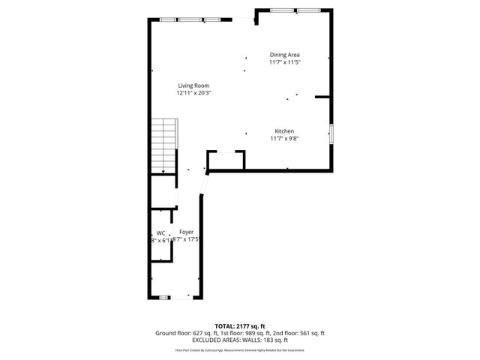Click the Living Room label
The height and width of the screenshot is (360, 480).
click(193, 85)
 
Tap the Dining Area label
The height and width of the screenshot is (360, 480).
click(285, 55)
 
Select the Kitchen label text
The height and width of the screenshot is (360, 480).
click(284, 130)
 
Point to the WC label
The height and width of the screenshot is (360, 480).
click(160, 233)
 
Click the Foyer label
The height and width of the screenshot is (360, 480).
click(186, 232)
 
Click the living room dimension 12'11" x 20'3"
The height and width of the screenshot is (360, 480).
click(193, 94)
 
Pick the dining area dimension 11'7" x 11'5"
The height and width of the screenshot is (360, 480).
click(285, 62)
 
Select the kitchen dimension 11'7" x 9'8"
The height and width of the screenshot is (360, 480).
click(285, 138)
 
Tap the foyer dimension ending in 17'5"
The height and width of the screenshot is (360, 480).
click(187, 240)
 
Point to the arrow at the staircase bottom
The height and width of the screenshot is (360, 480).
click(163, 170)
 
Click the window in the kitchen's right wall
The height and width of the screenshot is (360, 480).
click(331, 134)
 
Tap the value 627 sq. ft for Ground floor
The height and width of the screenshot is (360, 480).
click(202, 333)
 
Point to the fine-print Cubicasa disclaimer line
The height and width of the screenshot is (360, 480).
click(239, 349)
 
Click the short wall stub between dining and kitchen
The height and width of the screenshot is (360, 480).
click(323, 97)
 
